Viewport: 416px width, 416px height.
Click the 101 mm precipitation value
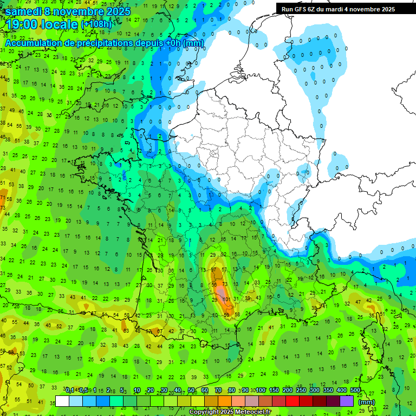(226, 298)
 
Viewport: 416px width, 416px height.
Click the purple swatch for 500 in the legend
(347, 401)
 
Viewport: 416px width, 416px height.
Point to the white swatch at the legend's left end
(62, 401)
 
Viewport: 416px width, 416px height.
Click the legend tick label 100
(261, 390)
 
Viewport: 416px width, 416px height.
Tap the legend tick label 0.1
(70, 390)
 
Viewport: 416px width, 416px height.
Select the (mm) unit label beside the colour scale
(367, 401)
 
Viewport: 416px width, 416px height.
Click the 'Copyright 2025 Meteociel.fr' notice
(230, 412)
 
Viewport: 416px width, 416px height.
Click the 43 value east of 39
(258, 298)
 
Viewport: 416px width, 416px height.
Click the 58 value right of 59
(237, 314)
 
